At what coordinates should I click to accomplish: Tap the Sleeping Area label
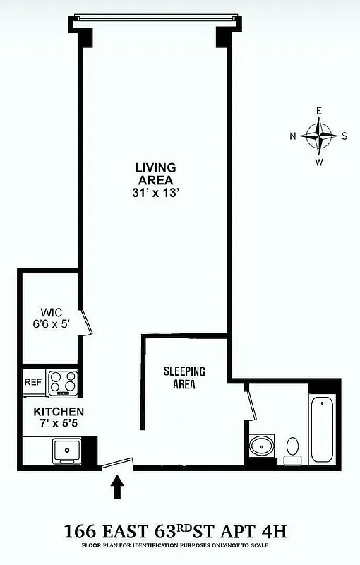click(184, 378)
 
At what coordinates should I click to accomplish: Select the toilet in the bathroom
click(292, 450)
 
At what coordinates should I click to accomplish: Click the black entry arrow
click(118, 487)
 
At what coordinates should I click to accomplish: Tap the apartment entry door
click(116, 463)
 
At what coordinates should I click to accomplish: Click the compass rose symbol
click(319, 136)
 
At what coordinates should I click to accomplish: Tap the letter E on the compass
click(319, 111)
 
